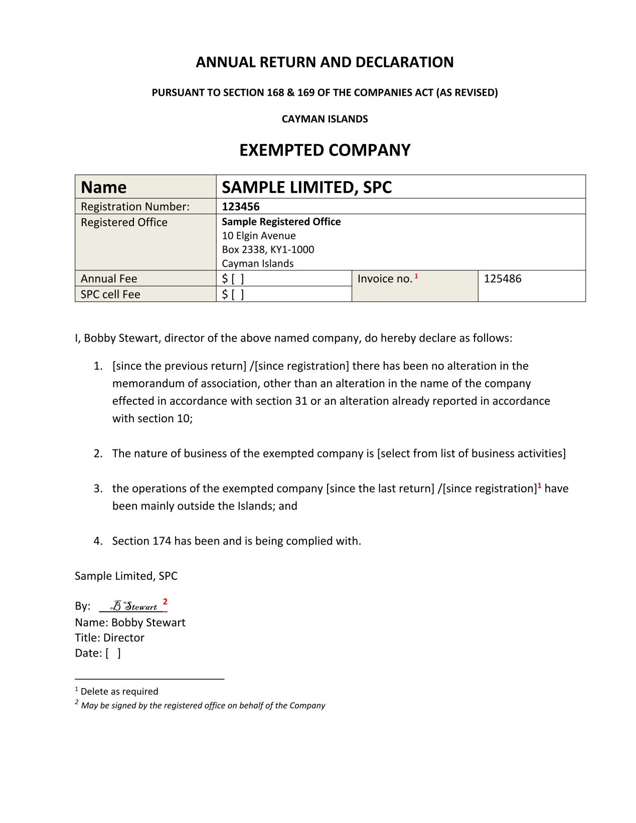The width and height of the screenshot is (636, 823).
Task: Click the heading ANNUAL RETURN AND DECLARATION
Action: [325, 62]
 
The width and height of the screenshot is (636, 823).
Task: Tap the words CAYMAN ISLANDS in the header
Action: [325, 119]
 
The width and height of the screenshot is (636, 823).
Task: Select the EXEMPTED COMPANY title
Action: [325, 150]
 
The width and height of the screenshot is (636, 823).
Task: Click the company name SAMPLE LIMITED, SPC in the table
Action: [306, 187]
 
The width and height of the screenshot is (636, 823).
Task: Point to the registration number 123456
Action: [241, 207]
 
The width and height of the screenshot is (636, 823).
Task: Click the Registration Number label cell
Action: [135, 207]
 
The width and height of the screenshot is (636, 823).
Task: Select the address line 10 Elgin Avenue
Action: [259, 236]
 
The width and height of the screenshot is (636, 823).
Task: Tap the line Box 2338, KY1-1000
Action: [268, 250]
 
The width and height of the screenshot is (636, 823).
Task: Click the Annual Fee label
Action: [109, 279]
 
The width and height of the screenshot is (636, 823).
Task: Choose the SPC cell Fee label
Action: [110, 294]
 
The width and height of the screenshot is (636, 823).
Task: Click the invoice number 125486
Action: [503, 279]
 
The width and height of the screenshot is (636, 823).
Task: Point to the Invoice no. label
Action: [385, 279]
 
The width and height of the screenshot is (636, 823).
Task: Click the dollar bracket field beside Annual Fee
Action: [233, 279]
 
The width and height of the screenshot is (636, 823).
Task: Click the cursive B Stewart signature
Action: [134, 606]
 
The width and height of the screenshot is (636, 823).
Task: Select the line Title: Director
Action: [109, 638]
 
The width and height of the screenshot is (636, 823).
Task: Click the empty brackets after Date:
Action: [113, 653]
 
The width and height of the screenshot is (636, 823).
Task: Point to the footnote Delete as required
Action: [119, 692]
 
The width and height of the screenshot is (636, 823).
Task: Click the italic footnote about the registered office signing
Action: [203, 706]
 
